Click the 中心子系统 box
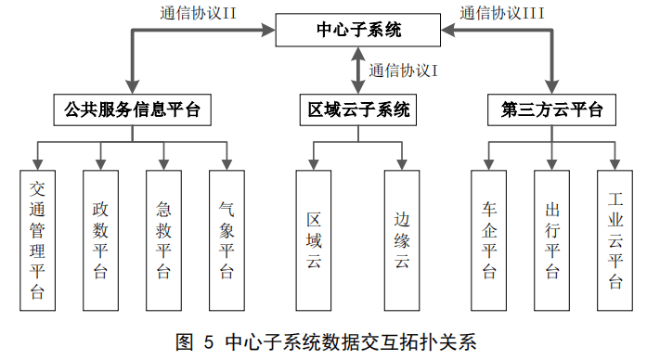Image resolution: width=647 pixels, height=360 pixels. tap(357, 30)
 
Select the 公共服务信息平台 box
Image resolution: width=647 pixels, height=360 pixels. tap(132, 109)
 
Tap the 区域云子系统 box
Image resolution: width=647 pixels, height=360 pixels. tap(357, 109)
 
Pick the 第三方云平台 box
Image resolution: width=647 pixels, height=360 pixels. tap(551, 109)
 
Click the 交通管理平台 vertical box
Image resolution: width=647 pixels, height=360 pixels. tap(37, 240)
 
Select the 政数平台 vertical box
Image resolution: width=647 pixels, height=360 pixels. tap(100, 240)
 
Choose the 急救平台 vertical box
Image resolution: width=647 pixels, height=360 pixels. tap(163, 240)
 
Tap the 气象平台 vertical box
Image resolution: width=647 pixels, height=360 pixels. tap(226, 240)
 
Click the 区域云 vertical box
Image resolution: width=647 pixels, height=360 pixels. tap(314, 240)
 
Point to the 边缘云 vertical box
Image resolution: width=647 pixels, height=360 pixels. tap(402, 240)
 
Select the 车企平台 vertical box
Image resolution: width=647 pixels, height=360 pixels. tap(489, 240)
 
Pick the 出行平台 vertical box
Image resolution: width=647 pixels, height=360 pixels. tap(552, 240)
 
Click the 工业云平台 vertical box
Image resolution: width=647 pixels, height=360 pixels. tap(615, 240)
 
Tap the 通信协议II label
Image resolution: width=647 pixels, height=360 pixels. tap(198, 13)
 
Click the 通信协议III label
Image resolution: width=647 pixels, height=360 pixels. tap(502, 13)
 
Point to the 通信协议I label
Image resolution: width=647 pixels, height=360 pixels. tap(403, 71)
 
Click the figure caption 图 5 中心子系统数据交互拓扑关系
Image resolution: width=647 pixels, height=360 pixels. tap(326, 341)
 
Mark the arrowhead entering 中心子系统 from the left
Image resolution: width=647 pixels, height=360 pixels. tap(268, 30)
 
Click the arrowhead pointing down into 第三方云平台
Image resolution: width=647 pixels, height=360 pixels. tap(551, 86)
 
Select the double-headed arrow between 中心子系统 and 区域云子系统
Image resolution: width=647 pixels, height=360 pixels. tap(357, 71)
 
